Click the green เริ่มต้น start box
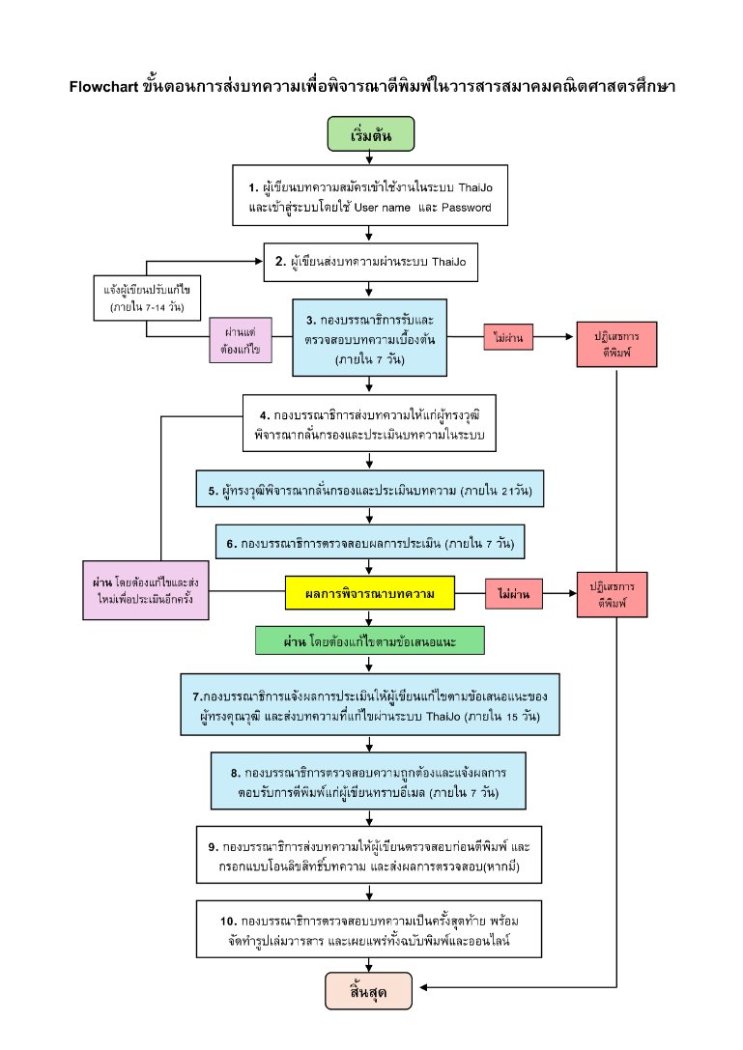pos(370,134)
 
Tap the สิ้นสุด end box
pos(368,990)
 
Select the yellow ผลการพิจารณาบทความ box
pos(370,593)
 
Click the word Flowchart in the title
pos(103,86)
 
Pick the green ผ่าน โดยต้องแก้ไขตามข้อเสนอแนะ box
pos(370,640)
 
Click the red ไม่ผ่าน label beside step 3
pos(508,337)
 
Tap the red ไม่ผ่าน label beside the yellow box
pos(514,594)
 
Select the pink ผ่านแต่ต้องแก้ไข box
pos(241,340)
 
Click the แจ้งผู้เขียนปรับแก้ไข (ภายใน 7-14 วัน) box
pos(147,298)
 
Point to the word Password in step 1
pos(467,208)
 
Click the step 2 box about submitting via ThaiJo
pos(370,262)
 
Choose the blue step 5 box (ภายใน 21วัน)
pos(370,489)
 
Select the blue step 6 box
pos(370,542)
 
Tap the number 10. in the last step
pos(228,922)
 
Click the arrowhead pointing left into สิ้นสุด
pos(424,987)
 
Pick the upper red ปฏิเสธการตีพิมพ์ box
pos(616,344)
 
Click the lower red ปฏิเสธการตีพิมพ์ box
pos(612,595)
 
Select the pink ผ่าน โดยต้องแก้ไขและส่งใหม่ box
pos(145,590)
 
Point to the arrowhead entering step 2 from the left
pos(259,261)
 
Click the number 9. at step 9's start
pos(214,847)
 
